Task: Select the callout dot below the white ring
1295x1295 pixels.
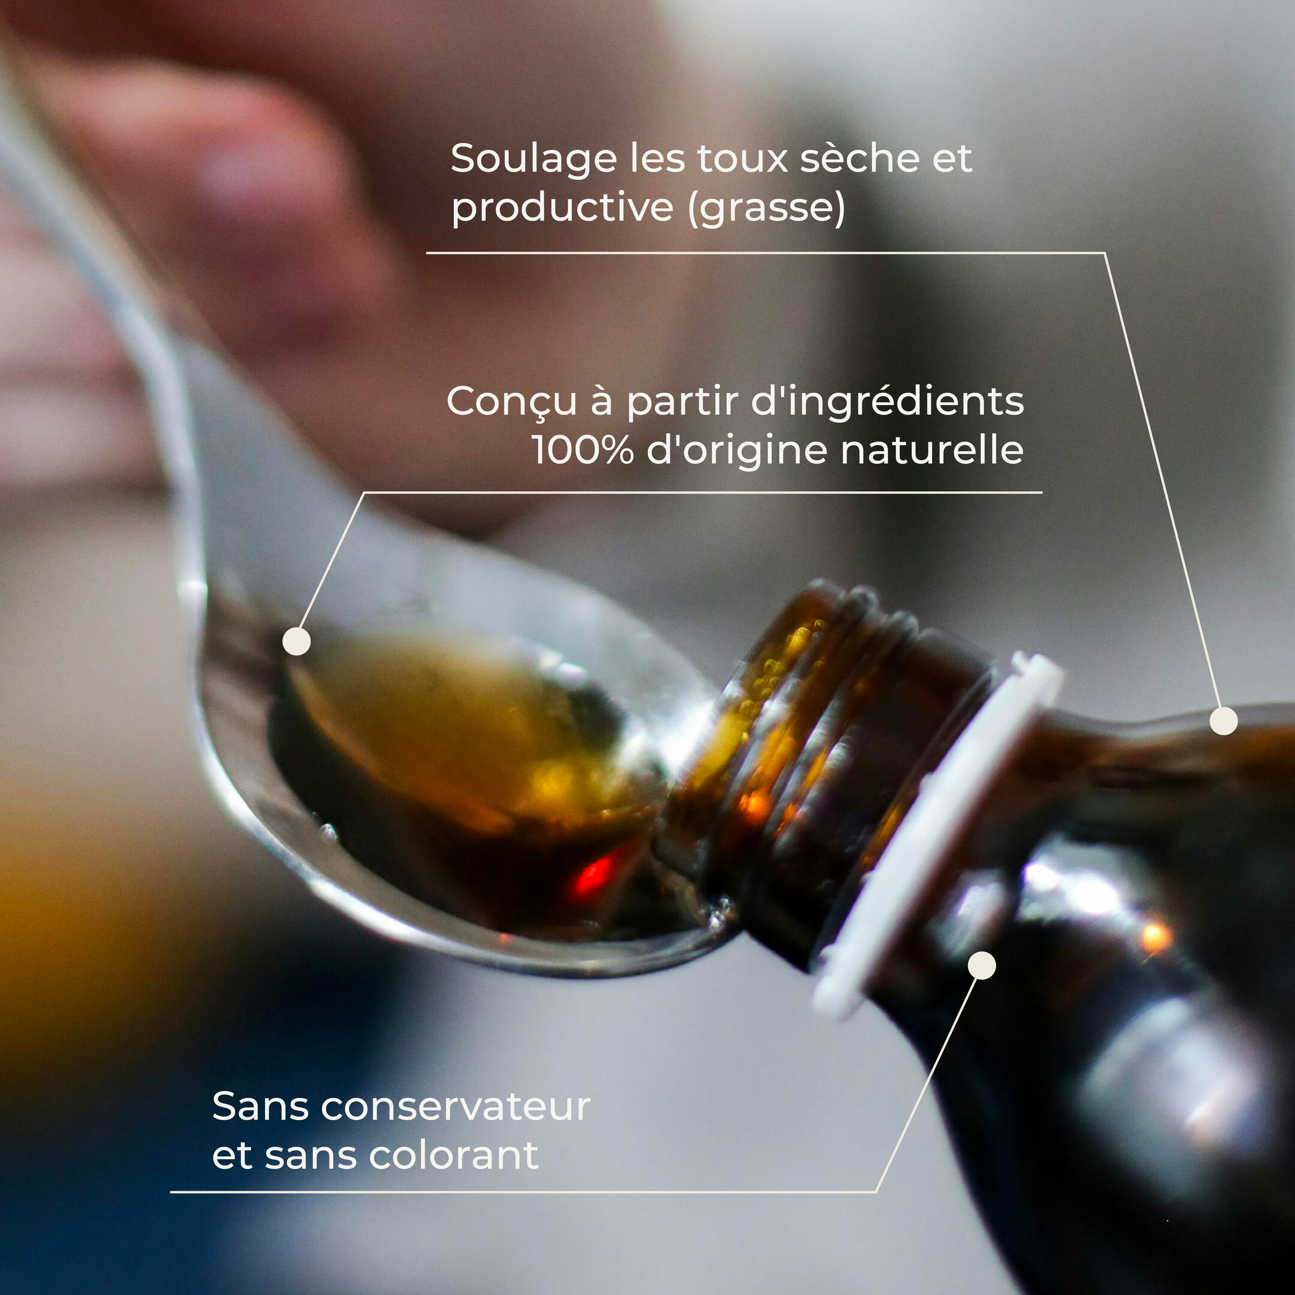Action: coord(982,965)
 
